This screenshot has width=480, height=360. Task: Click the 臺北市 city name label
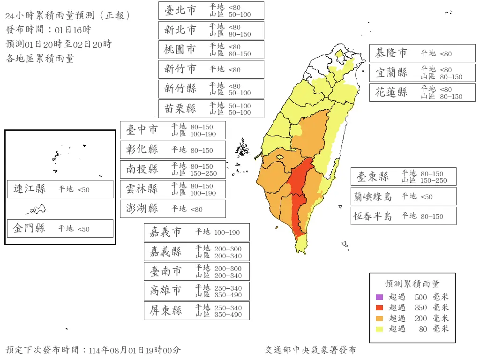coord(180,10)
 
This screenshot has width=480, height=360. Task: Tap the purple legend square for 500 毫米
coord(379,297)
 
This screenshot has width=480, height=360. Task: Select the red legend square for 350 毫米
coord(379,307)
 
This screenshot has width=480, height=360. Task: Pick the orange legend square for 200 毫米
coord(379,318)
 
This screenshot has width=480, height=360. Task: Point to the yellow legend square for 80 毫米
coord(379,329)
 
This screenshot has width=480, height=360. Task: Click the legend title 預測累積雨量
coord(412,284)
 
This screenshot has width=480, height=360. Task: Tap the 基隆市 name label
coord(391,53)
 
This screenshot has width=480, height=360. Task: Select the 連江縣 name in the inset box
coord(30,189)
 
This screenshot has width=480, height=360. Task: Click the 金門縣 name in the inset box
coord(30,228)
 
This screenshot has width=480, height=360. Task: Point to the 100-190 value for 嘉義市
coord(227,232)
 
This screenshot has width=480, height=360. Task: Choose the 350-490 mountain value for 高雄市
coord(228,295)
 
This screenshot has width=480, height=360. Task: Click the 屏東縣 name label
coord(165,311)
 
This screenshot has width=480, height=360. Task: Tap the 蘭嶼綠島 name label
coord(373,196)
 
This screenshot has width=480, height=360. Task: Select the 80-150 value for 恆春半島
coord(432,217)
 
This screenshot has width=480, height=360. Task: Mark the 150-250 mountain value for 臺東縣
coord(434,180)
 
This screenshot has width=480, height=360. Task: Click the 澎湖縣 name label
coord(142,209)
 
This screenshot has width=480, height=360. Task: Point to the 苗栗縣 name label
coord(180,109)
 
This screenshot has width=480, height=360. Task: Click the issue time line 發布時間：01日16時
coord(48,30)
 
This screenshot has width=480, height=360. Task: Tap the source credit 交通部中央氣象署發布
coord(310,350)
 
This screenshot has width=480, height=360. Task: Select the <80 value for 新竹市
coord(234,70)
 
